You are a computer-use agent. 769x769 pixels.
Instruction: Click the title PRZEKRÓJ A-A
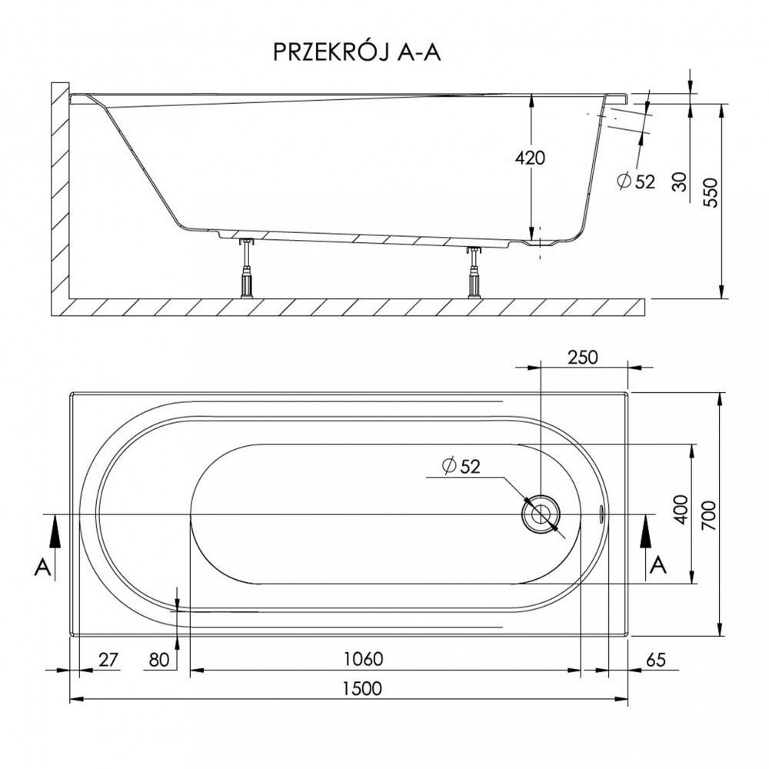357,52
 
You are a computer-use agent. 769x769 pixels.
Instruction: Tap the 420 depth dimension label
530,158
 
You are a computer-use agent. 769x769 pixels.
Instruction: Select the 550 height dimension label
712,193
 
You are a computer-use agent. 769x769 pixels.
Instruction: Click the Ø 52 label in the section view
636,182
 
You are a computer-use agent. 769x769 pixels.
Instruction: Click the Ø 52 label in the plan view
461,465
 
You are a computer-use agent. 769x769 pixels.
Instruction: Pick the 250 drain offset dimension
583,357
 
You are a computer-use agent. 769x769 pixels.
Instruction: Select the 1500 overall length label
362,688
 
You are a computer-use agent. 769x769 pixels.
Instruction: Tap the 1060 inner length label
363,659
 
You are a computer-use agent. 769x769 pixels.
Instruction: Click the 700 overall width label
712,515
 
